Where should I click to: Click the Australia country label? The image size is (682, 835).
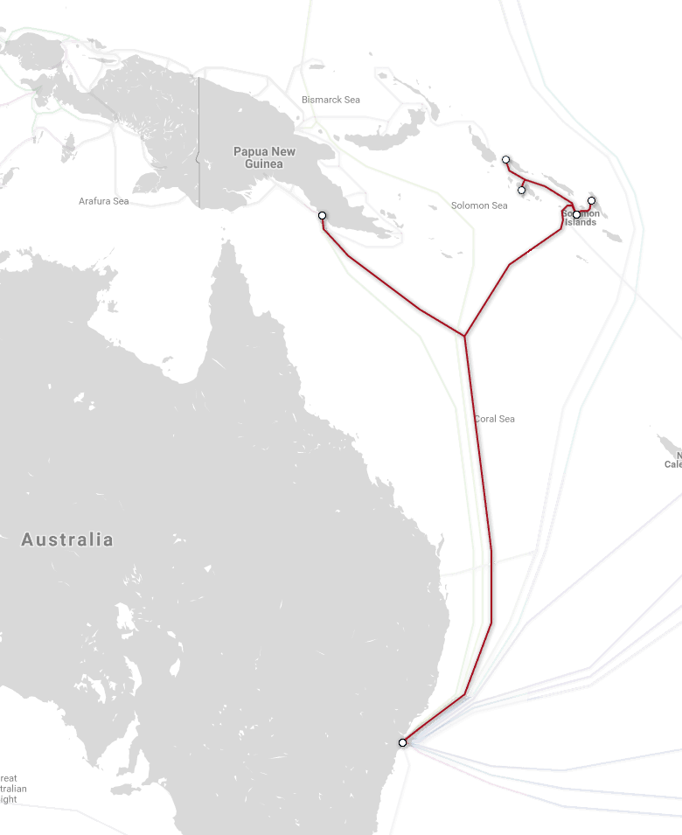[x=67, y=539]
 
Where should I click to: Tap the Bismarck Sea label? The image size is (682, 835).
[x=331, y=100]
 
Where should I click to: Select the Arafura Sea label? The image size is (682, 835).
[x=103, y=201]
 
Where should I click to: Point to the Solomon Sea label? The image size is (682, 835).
[x=479, y=205]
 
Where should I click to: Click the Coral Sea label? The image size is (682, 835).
[x=495, y=419]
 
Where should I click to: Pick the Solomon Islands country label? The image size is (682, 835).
[x=581, y=218]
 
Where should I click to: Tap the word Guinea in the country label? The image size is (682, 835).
[x=264, y=164]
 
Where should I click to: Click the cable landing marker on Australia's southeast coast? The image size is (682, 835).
[x=402, y=742]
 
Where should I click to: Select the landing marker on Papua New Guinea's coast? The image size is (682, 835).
[x=322, y=215]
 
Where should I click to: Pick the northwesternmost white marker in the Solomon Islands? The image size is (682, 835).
[x=506, y=159]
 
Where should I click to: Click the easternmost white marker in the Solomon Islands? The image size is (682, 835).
[x=592, y=200]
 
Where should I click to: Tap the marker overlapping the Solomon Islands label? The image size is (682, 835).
[x=576, y=214]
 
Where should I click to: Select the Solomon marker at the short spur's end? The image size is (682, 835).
[x=522, y=190]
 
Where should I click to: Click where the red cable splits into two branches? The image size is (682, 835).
[x=464, y=336]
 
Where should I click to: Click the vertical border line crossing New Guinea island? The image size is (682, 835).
[x=198, y=140]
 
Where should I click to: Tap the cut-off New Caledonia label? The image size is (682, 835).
[x=673, y=459]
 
